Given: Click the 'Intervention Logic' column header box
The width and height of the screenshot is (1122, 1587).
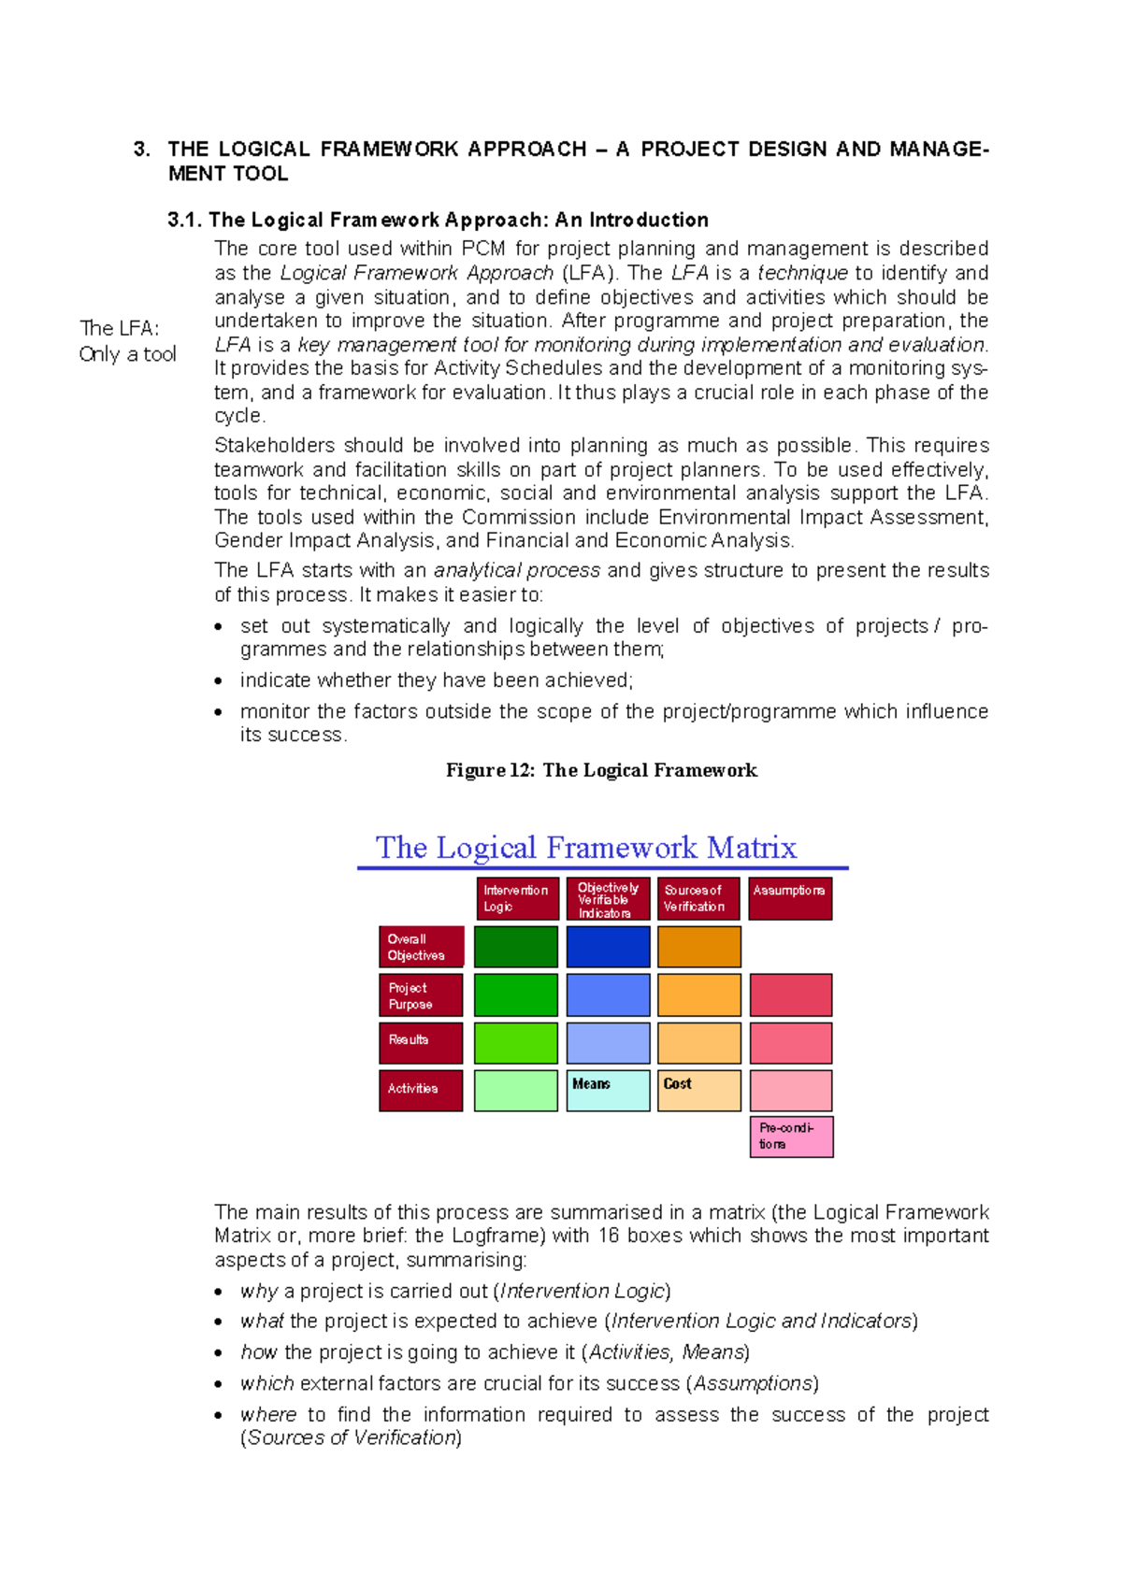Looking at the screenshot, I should (517, 898).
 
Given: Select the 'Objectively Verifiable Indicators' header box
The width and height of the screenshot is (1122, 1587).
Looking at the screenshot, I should (608, 898).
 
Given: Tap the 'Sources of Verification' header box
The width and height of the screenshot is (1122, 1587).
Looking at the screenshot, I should (698, 898).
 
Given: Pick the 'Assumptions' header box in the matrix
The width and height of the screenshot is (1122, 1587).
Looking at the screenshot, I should (790, 898).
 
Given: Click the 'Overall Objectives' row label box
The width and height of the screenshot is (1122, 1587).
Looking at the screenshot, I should (421, 947).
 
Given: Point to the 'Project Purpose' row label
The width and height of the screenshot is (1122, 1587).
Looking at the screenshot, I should (421, 995).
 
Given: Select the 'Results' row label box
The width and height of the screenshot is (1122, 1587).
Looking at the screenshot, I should (421, 1043).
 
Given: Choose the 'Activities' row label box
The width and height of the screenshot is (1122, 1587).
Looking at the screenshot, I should (421, 1090).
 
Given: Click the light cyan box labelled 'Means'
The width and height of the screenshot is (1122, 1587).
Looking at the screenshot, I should (608, 1091).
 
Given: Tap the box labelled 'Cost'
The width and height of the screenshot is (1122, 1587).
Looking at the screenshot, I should (698, 1091).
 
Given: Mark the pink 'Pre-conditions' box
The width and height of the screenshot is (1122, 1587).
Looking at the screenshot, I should (791, 1137).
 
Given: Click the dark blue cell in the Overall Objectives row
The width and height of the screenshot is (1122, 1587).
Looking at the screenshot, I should (608, 947).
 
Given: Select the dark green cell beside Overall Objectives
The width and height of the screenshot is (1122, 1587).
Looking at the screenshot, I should (516, 947).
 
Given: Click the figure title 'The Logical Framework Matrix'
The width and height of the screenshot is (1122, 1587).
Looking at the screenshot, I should (586, 848).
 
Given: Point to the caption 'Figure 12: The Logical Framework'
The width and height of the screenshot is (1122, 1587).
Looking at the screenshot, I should (601, 770).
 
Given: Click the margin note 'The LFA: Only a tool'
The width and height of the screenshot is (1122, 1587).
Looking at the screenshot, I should (127, 341).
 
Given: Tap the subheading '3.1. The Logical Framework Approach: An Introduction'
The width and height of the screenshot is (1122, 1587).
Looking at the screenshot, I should (438, 220).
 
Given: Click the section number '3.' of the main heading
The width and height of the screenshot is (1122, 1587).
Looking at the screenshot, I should (141, 150).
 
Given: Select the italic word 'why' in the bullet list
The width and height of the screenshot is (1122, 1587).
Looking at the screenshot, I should (258, 1291).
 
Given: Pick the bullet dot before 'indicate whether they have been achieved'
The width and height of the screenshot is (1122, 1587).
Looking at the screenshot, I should (219, 681).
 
